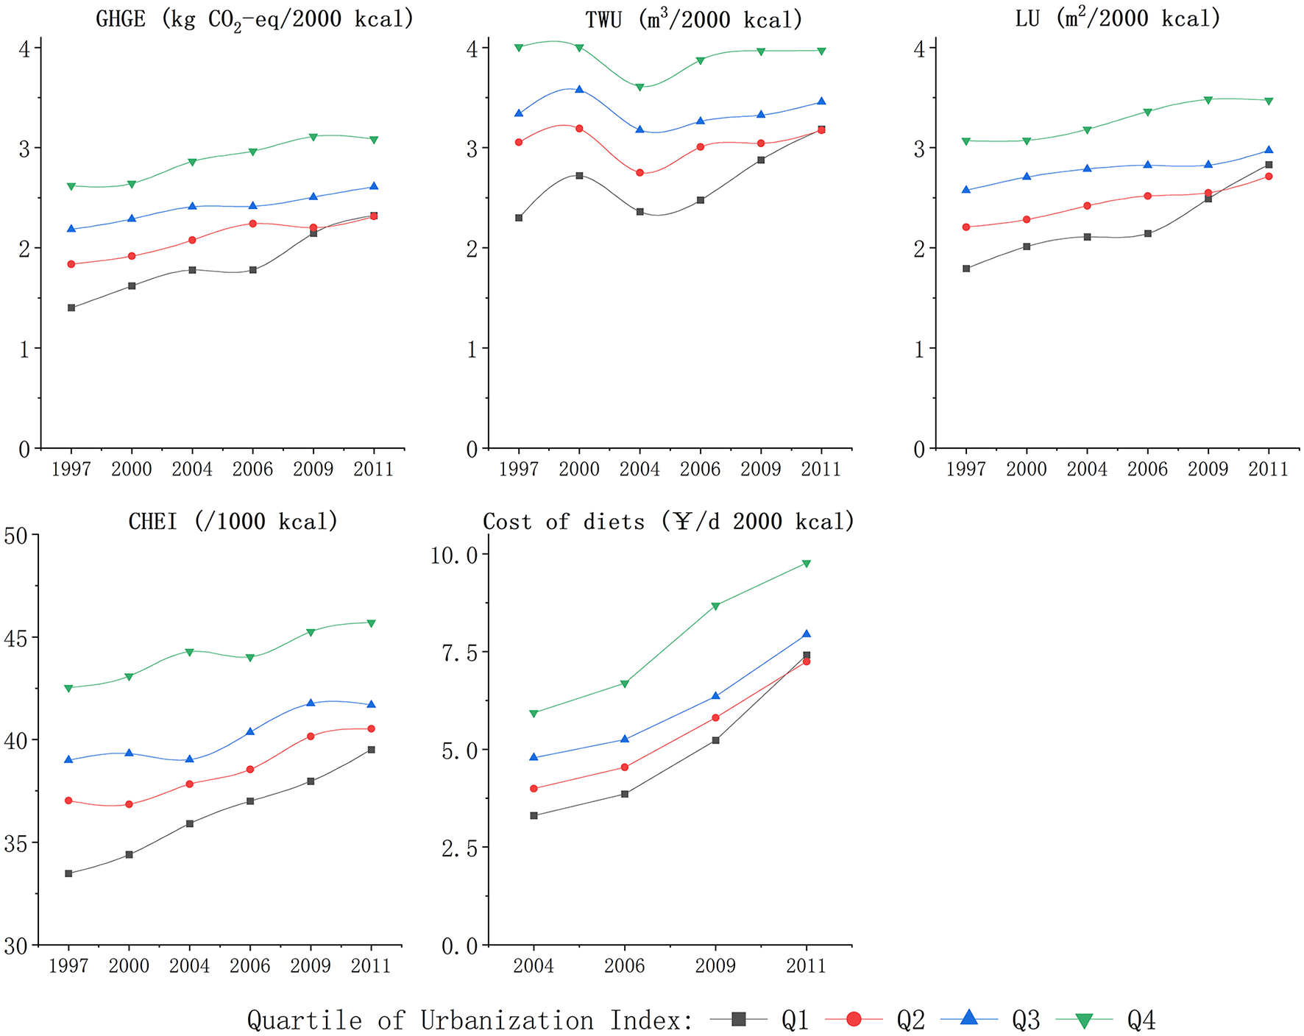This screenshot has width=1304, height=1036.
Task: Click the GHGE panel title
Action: pos(255,18)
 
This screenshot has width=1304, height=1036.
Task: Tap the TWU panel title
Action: pos(693,19)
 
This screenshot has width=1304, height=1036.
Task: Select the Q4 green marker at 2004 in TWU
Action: pos(639,87)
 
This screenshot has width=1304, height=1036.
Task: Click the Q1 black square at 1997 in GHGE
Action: pos(71,308)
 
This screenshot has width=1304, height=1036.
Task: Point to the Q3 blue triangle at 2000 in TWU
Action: pos(579,90)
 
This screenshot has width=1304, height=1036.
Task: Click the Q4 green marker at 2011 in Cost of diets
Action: pos(807,564)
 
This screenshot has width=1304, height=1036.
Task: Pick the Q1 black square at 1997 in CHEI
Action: pos(68,873)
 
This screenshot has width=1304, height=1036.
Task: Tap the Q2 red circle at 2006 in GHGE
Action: pos(252,224)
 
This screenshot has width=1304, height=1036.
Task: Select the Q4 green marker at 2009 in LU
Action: pos(1208,100)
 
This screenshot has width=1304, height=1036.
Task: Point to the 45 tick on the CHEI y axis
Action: pos(16,638)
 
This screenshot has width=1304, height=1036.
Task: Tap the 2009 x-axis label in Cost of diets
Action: pos(715,965)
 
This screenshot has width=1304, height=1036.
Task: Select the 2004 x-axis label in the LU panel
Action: pos(1087,469)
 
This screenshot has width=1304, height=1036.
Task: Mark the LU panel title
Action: pos(1117,18)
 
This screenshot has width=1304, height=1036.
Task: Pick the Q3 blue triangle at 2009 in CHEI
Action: pos(311,703)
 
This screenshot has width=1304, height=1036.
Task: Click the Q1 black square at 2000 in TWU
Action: pos(579,176)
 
